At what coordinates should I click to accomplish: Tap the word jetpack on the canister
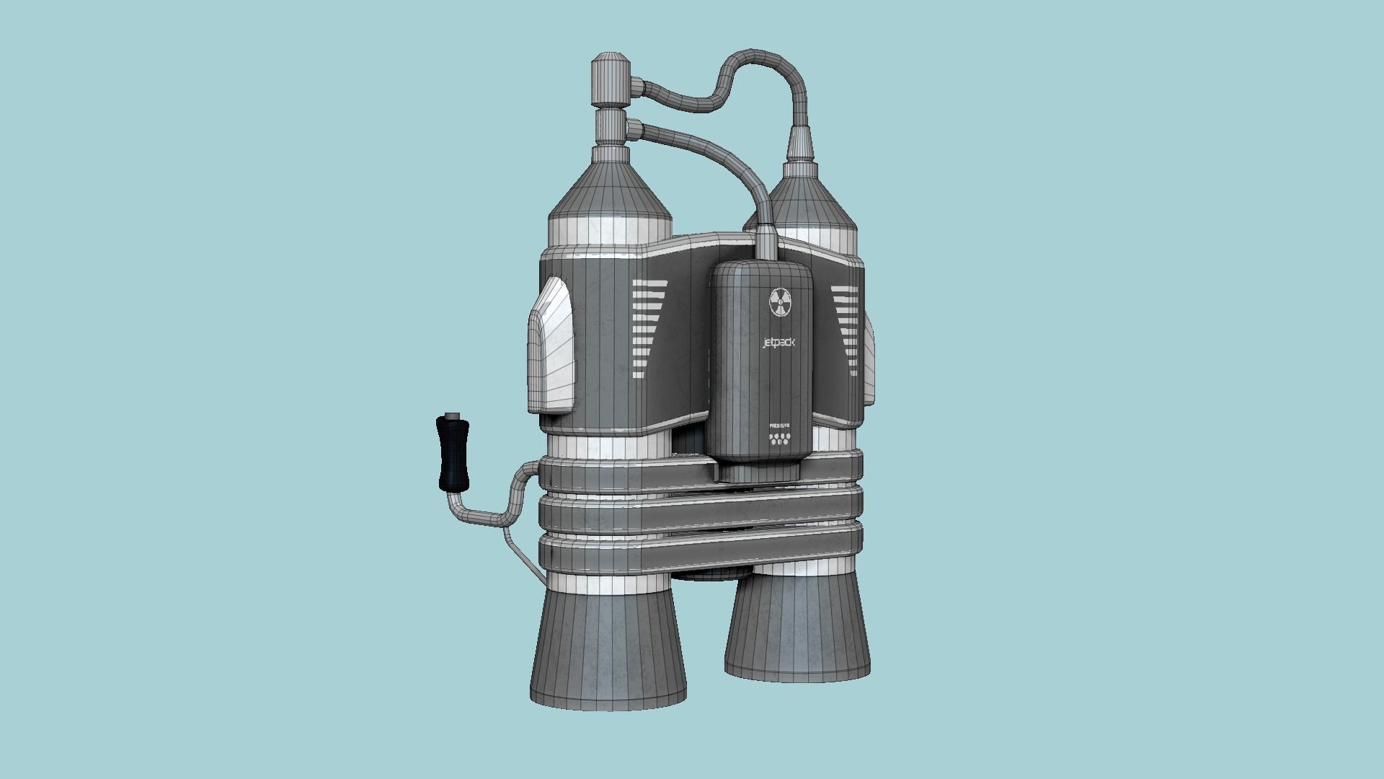(x=778, y=343)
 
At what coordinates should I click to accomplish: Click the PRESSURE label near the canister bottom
(x=780, y=426)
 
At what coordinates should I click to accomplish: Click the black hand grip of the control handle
(x=452, y=455)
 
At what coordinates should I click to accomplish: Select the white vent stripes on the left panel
(x=647, y=328)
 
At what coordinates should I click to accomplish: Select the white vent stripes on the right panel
(x=844, y=321)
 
